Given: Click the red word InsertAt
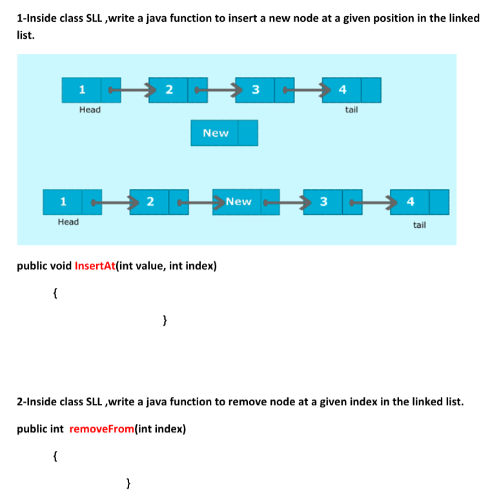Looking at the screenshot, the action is point(94,265).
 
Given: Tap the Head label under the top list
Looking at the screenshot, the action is point(90,110).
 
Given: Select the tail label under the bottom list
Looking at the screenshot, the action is point(420,225).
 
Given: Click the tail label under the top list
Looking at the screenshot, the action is point(351,110).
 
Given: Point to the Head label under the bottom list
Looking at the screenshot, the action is point(68,222).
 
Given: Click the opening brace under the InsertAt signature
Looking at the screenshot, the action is point(56,293).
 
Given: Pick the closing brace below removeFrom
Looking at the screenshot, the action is point(129,482).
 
